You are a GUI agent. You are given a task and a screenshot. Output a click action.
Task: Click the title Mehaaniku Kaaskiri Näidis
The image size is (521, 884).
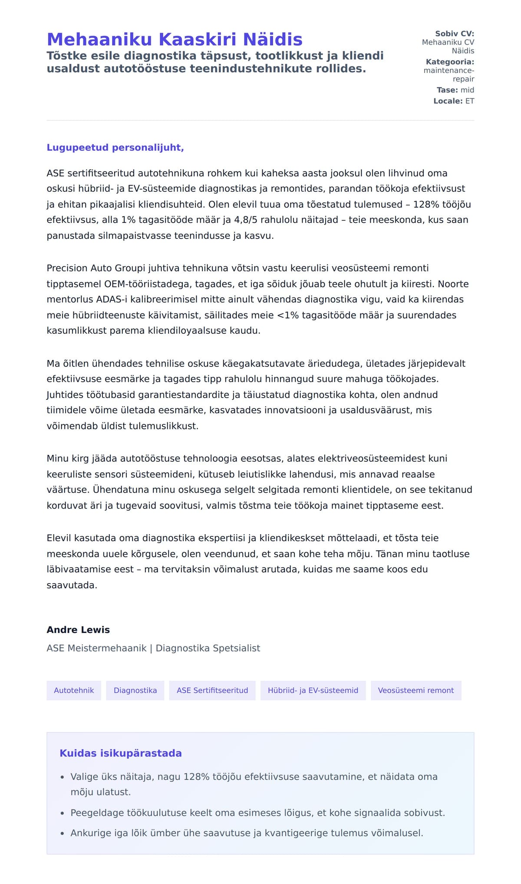pyautogui.click(x=174, y=39)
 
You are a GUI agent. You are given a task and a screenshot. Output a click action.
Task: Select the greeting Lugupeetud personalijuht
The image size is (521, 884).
pyautogui.click(x=115, y=147)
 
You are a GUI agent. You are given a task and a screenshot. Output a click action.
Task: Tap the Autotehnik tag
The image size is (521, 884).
pyautogui.click(x=74, y=690)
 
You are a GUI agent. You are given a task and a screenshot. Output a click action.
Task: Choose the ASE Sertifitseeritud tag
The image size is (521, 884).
pyautogui.click(x=212, y=690)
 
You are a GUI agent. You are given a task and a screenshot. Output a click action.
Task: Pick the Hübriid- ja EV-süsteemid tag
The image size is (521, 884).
pyautogui.click(x=313, y=690)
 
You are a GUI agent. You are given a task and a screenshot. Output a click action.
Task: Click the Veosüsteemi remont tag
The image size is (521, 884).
pyautogui.click(x=415, y=690)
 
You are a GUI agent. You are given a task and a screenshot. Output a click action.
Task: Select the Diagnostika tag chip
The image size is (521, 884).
pyautogui.click(x=135, y=690)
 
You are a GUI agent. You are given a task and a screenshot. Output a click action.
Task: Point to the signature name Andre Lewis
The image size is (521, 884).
pyautogui.click(x=78, y=630)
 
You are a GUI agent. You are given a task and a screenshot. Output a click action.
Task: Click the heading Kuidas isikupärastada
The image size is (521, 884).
pyautogui.click(x=121, y=753)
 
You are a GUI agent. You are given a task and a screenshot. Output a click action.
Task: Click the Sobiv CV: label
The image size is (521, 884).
pyautogui.click(x=455, y=34)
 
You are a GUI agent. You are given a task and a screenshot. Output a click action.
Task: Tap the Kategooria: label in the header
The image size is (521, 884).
pyautogui.click(x=450, y=62)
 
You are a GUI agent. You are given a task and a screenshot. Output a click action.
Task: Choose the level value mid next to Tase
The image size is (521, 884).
pyautogui.click(x=467, y=90)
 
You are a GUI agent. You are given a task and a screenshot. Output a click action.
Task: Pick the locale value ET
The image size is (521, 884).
pyautogui.click(x=470, y=101)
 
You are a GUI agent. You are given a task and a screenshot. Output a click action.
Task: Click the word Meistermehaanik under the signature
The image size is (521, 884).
pyautogui.click(x=107, y=648)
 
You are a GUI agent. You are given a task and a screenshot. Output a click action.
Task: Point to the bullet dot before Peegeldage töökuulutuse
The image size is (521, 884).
pyautogui.click(x=63, y=813)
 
